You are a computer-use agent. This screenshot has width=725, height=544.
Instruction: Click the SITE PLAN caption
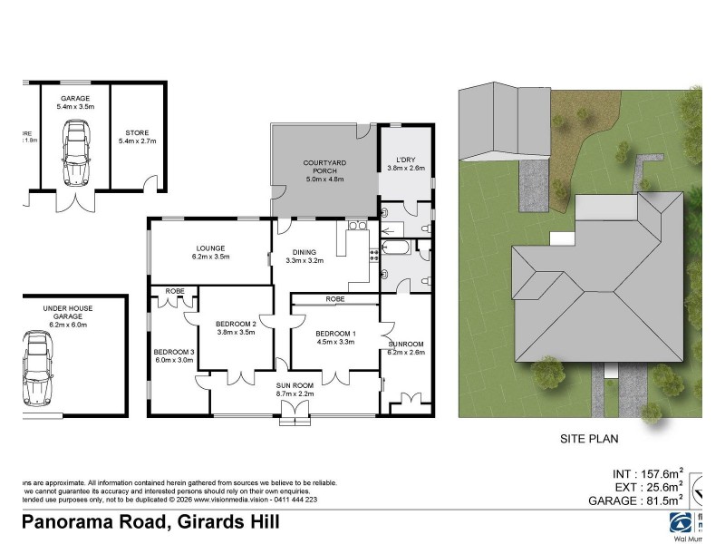point(587,440)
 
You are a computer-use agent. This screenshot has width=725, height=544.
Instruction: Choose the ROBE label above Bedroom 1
point(334,297)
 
